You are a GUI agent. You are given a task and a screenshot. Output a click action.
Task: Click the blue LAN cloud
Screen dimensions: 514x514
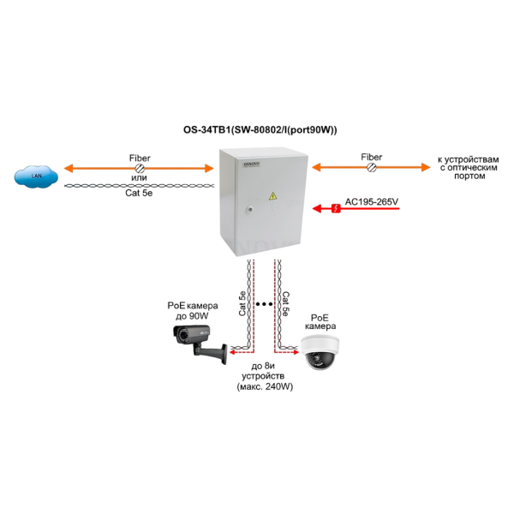pyautogui.click(x=36, y=176)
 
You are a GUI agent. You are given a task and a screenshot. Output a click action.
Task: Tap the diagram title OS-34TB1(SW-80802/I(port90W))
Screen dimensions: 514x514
pyautogui.click(x=260, y=130)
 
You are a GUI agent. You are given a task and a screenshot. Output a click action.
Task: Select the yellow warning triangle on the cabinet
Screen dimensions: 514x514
pyautogui.click(x=272, y=196)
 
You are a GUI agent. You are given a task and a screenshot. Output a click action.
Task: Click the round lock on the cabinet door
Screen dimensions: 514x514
pyautogui.click(x=250, y=209)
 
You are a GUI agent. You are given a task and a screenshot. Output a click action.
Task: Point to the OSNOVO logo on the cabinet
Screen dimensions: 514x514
pyautogui.click(x=251, y=164)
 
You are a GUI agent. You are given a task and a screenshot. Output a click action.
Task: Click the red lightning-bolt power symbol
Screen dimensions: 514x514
pyautogui.click(x=336, y=208)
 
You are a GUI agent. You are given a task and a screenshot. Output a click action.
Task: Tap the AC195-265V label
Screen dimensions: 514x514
pyautogui.click(x=372, y=201)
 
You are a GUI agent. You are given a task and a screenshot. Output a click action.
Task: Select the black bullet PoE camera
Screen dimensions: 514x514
pyautogui.click(x=200, y=344)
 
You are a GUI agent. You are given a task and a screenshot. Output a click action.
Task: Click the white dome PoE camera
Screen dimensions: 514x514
pyautogui.click(x=320, y=352)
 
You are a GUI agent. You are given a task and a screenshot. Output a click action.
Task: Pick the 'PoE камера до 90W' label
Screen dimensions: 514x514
pyautogui.click(x=193, y=311)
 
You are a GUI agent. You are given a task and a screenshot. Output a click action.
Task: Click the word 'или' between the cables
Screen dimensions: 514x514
pyautogui.click(x=139, y=178)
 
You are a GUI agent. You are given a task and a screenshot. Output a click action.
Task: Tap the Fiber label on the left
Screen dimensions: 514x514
pyautogui.click(x=140, y=158)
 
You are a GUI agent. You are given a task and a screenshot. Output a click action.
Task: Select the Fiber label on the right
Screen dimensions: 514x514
pyautogui.click(x=372, y=157)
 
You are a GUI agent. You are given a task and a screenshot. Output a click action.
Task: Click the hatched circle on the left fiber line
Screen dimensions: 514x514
pyautogui.click(x=140, y=169)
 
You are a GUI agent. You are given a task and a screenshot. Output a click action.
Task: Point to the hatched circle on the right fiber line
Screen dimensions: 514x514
pyautogui.click(x=372, y=168)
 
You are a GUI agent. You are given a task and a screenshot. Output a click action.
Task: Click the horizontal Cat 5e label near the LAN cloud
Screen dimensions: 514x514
pyautogui.click(x=139, y=193)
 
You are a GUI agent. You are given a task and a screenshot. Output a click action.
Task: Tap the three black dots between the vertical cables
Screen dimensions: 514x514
pyautogui.click(x=264, y=304)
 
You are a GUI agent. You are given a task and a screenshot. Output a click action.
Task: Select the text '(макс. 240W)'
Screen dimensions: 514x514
pyautogui.click(x=265, y=386)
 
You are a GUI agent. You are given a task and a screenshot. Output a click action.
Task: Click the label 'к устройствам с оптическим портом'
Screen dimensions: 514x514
pyautogui.click(x=469, y=168)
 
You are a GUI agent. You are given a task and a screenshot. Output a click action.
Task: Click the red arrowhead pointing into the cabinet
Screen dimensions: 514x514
pyautogui.click(x=317, y=208)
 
